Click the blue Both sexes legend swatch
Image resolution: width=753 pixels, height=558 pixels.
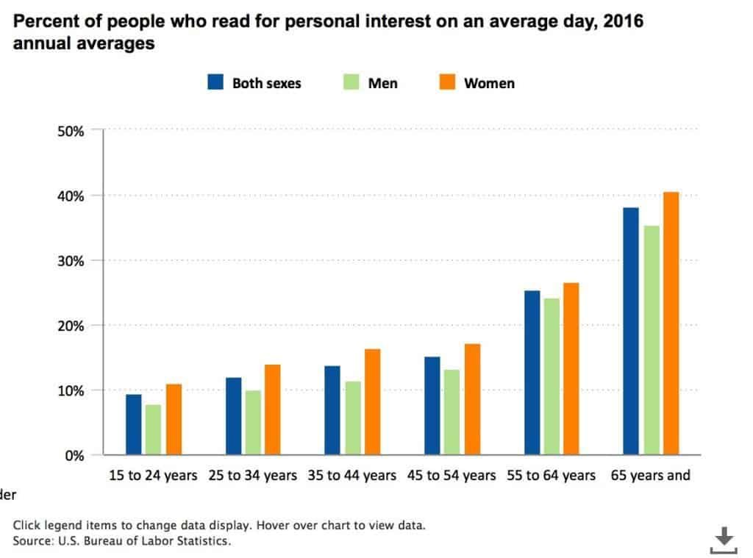(x=214, y=83)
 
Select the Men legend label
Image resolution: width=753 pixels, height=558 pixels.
(x=382, y=83)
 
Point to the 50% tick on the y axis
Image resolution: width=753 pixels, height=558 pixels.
(x=71, y=131)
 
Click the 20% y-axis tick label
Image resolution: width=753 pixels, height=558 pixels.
(x=71, y=326)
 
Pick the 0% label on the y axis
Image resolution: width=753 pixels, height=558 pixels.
(x=74, y=456)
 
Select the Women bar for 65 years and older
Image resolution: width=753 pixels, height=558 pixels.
(x=671, y=323)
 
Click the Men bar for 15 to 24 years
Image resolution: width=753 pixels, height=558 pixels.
(x=153, y=429)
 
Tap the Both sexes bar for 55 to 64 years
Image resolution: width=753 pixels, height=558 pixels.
(x=532, y=373)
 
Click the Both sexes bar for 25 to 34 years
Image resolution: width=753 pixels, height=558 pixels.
(x=233, y=416)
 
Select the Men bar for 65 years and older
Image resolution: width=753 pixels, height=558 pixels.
(x=651, y=340)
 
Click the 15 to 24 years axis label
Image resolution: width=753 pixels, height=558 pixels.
(x=153, y=476)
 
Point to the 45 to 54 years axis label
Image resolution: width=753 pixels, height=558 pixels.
(x=452, y=476)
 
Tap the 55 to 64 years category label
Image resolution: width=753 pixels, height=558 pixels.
(x=551, y=476)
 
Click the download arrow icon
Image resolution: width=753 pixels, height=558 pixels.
(x=724, y=540)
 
